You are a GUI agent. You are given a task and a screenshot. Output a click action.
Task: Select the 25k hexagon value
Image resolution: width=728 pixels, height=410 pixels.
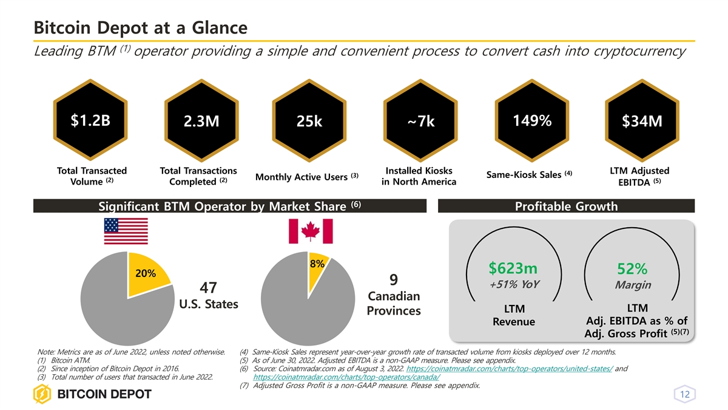[x=309, y=123]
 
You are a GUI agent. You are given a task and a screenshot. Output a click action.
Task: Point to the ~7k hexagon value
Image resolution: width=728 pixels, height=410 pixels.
[x=420, y=123]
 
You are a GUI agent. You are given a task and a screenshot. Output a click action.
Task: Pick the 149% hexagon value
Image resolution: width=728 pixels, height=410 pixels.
[x=531, y=121]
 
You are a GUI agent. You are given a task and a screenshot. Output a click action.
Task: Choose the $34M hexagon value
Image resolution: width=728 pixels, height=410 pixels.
[x=642, y=123]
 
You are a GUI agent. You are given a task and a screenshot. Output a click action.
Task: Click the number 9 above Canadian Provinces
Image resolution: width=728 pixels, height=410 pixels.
[x=394, y=280]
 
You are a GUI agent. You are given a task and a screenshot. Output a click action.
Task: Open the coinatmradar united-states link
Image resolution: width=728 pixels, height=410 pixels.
[x=508, y=368]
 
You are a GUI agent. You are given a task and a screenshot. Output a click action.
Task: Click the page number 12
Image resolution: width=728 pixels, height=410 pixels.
[x=685, y=395]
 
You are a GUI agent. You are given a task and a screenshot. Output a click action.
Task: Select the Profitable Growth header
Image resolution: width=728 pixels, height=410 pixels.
[x=566, y=207]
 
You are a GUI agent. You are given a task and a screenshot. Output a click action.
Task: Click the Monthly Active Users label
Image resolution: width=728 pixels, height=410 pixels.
[x=304, y=177]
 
